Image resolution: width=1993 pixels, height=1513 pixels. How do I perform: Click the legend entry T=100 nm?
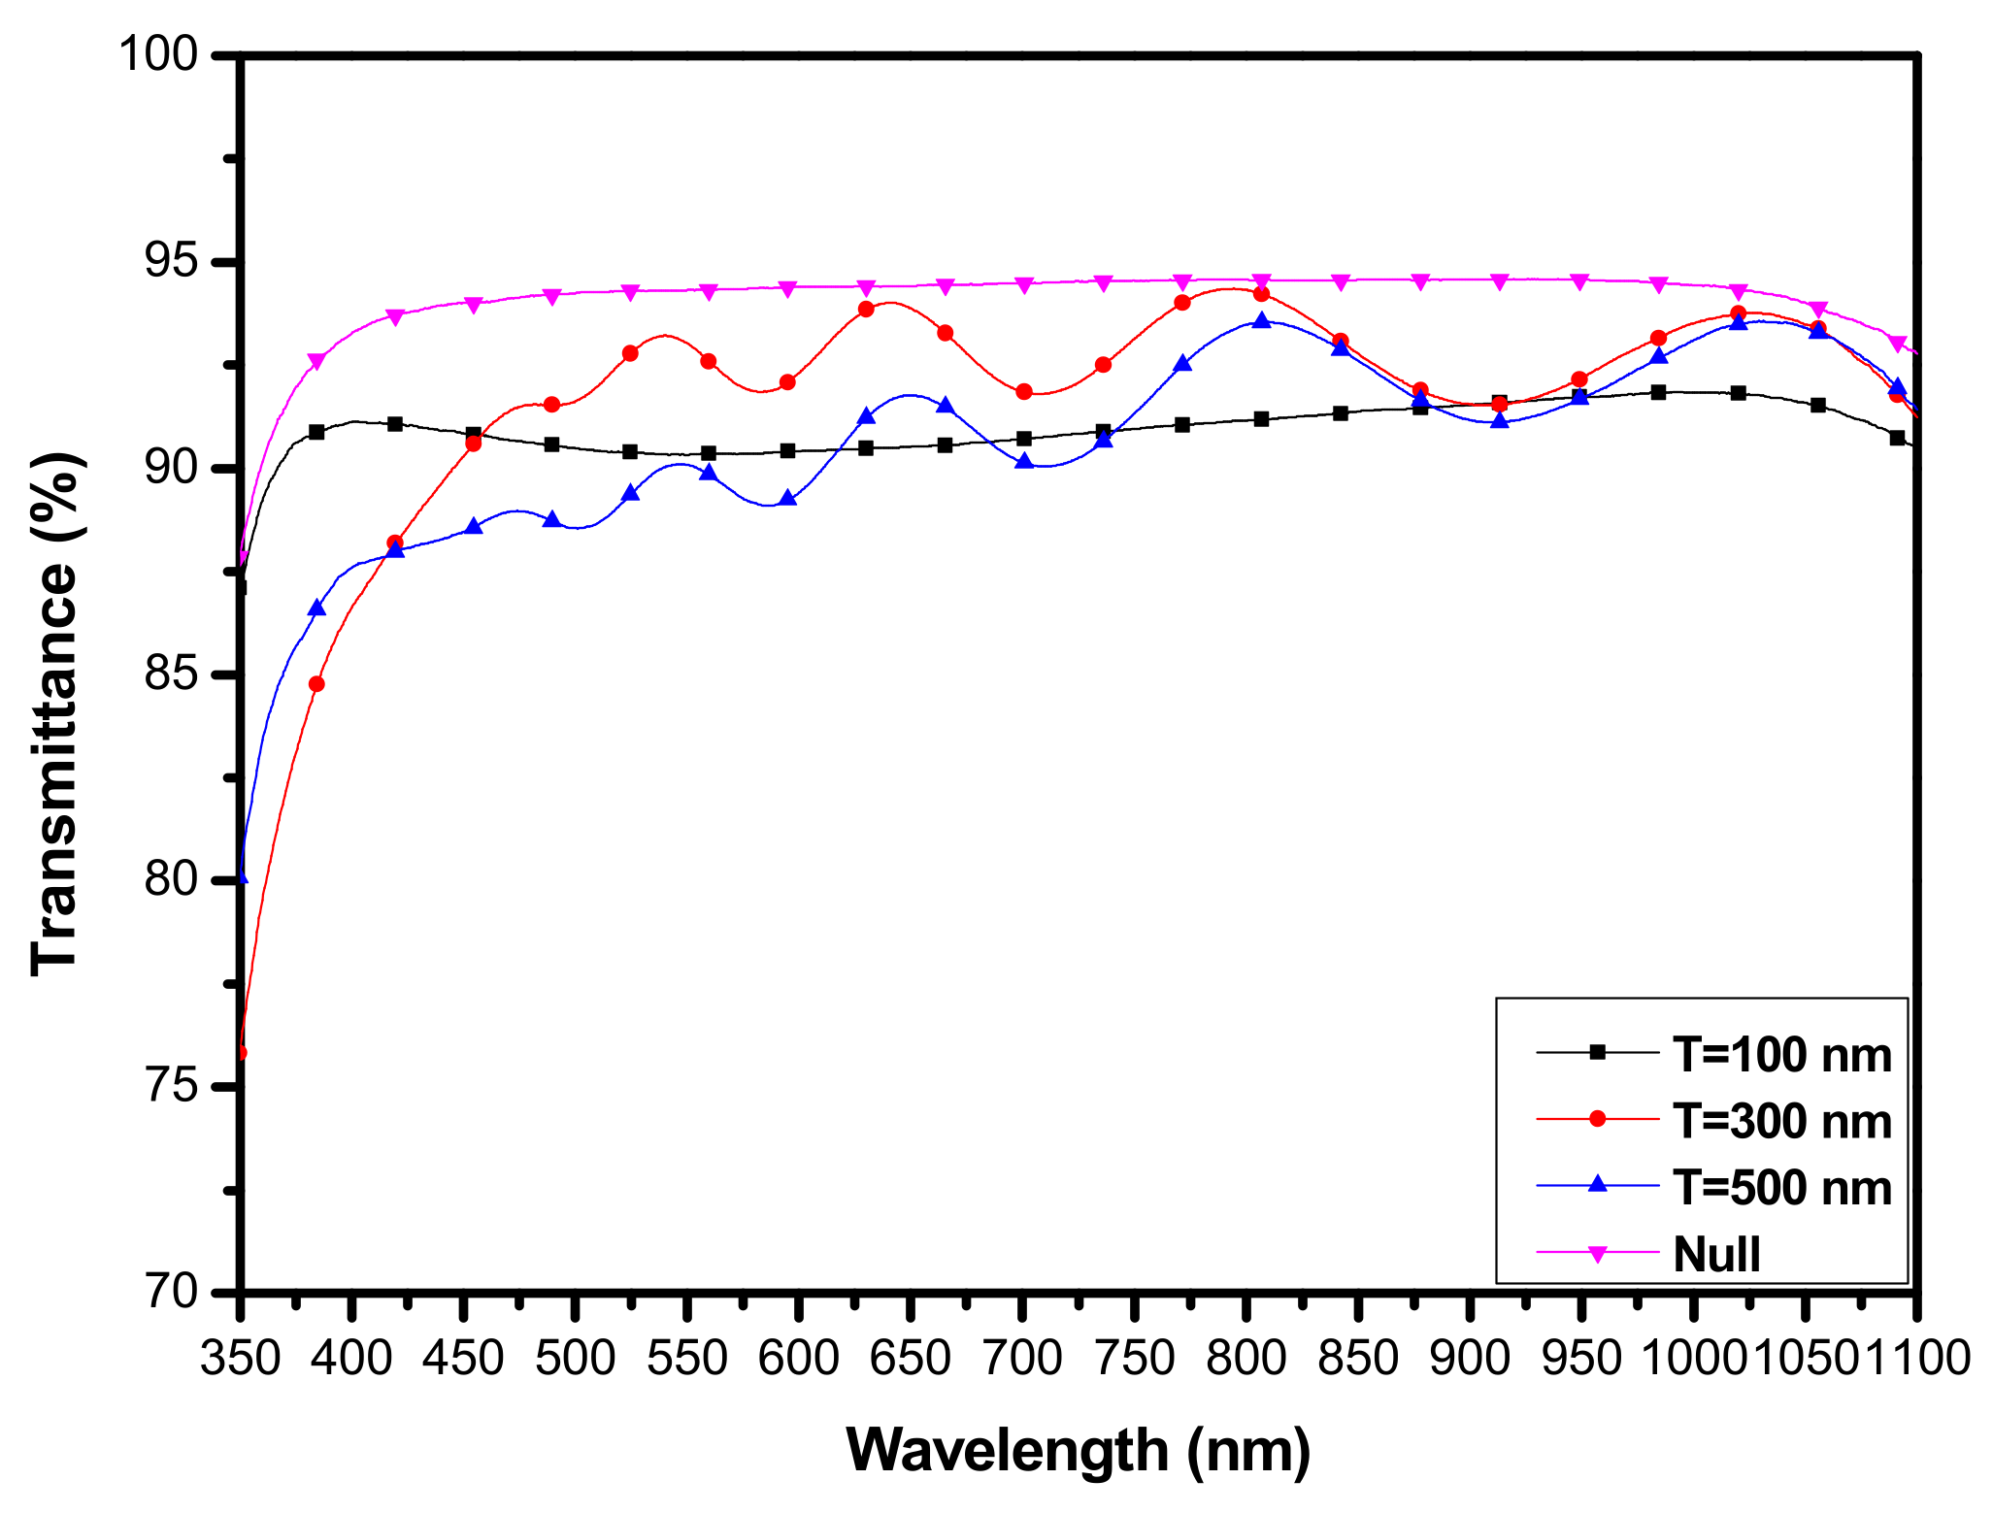[1781, 1055]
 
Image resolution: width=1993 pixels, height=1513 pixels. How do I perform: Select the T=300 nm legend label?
[1781, 1122]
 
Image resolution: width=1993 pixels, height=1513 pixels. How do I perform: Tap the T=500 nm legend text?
[1781, 1188]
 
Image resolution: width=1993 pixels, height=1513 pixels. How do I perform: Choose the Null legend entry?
[1716, 1255]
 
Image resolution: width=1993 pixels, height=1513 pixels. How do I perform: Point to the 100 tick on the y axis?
[157, 55]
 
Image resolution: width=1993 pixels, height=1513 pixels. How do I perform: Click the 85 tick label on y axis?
[171, 674]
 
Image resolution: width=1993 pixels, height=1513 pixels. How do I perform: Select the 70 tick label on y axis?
[171, 1293]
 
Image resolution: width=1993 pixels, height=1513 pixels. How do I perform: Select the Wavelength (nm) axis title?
[1078, 1451]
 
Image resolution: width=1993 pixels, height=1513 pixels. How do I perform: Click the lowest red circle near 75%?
[242, 1053]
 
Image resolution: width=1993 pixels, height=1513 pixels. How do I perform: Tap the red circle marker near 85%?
[316, 684]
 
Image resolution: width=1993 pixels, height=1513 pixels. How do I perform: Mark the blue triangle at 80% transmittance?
[242, 877]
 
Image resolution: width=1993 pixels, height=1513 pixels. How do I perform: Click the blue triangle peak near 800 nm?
[1261, 320]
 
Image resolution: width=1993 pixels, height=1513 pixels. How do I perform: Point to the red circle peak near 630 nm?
[866, 310]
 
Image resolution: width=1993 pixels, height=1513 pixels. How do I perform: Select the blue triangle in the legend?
[1597, 1185]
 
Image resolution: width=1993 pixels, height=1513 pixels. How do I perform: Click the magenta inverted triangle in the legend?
[1597, 1254]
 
